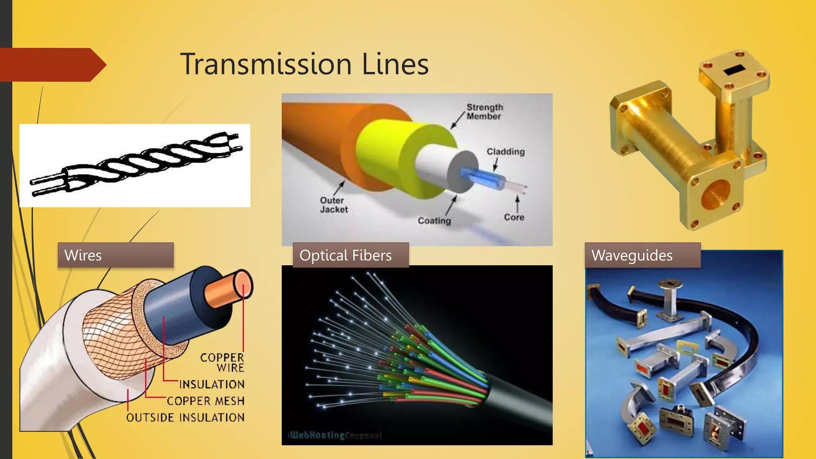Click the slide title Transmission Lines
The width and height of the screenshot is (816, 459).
[304, 64]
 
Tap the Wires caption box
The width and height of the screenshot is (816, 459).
[116, 255]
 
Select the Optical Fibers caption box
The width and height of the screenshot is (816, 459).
[351, 255]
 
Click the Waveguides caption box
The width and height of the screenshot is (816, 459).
[642, 255]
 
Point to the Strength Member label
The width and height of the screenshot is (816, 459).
[484, 112]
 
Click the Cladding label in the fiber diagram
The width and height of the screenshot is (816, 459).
[506, 152]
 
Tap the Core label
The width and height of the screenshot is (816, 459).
[514, 217]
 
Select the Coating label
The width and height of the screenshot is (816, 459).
[434, 221]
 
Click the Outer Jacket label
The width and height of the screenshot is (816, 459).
[333, 205]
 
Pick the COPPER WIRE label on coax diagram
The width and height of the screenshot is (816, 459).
[222, 362]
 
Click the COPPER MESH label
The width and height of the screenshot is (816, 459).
[206, 401]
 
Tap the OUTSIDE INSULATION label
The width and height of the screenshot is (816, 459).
[185, 418]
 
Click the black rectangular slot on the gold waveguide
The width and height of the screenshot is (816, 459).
[732, 70]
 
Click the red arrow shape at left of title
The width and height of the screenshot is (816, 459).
[52, 65]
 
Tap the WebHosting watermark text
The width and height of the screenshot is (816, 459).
[335, 435]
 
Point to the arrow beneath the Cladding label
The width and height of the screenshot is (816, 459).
[495, 165]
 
